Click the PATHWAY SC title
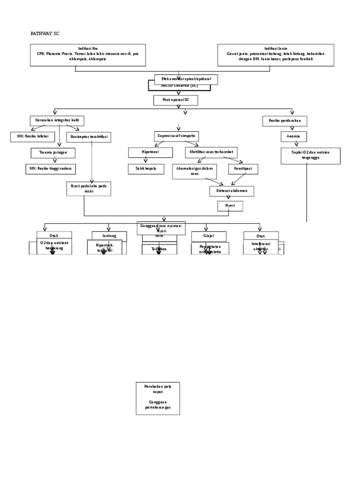click(45, 34)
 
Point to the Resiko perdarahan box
click(285, 121)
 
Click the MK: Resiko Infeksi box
click(32, 137)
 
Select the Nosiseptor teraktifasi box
click(89, 137)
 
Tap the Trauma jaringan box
click(53, 153)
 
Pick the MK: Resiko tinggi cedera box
click(50, 169)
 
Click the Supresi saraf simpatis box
click(176, 136)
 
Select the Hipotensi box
click(146, 153)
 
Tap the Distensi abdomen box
click(232, 191)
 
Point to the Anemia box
click(293, 137)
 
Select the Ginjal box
click(209, 236)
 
